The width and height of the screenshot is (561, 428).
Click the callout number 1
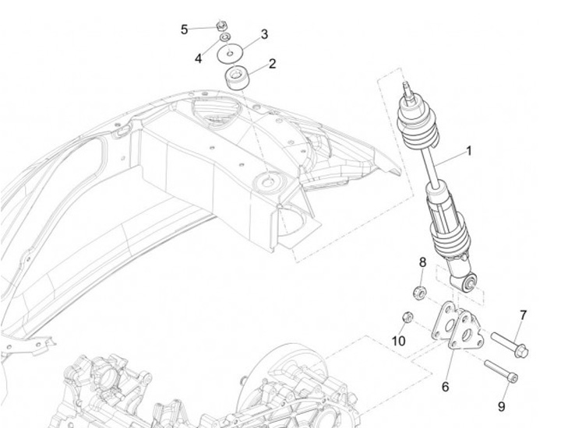click(x=469, y=151)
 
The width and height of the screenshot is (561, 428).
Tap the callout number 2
click(x=272, y=64)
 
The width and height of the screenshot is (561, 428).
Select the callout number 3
click(x=264, y=34)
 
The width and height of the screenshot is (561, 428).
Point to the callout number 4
click(x=199, y=58)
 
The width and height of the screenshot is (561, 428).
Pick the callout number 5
click(x=185, y=30)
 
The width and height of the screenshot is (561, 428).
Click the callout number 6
click(x=446, y=386)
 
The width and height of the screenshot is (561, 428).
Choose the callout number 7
click(x=523, y=315)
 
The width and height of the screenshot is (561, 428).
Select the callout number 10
click(x=398, y=341)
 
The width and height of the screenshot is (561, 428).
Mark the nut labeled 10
click(x=406, y=317)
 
